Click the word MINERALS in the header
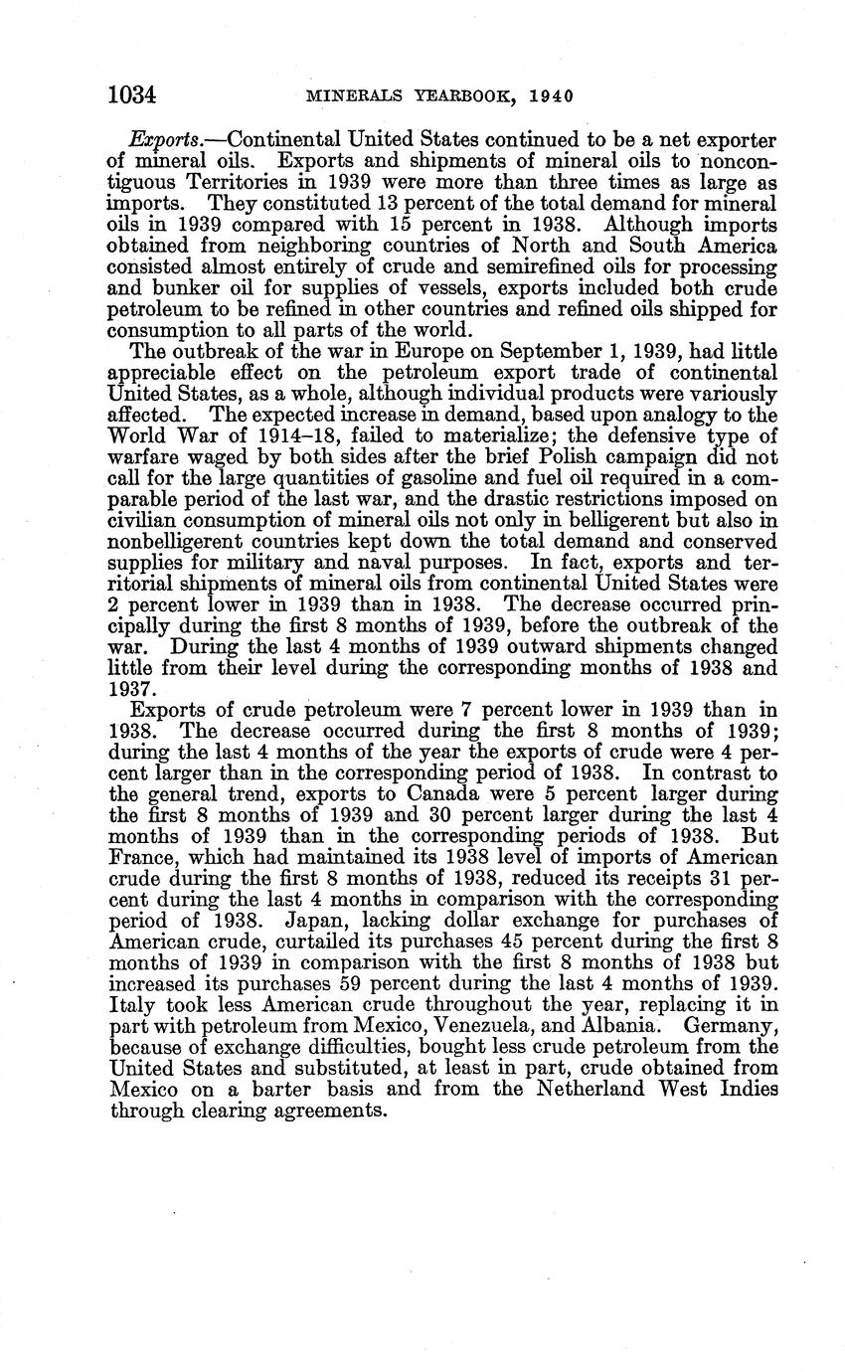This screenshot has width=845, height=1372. tap(352, 96)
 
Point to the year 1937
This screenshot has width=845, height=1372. tap(129, 688)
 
